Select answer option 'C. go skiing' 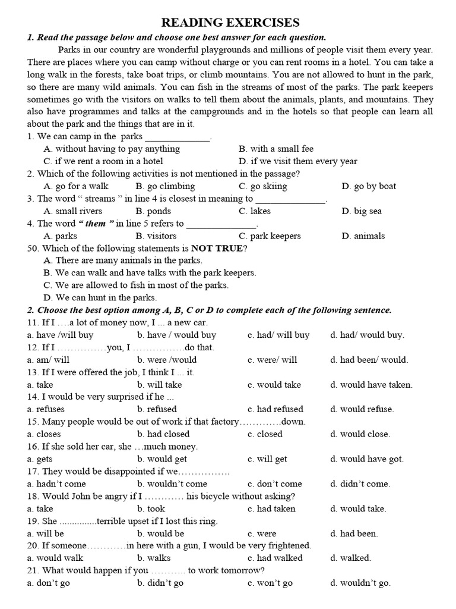(x=263, y=186)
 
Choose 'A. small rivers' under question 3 (x=73, y=211)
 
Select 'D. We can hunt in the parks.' (x=100, y=298)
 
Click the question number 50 (x=33, y=248)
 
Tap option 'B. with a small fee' (x=276, y=149)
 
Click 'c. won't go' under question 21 (x=270, y=583)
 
